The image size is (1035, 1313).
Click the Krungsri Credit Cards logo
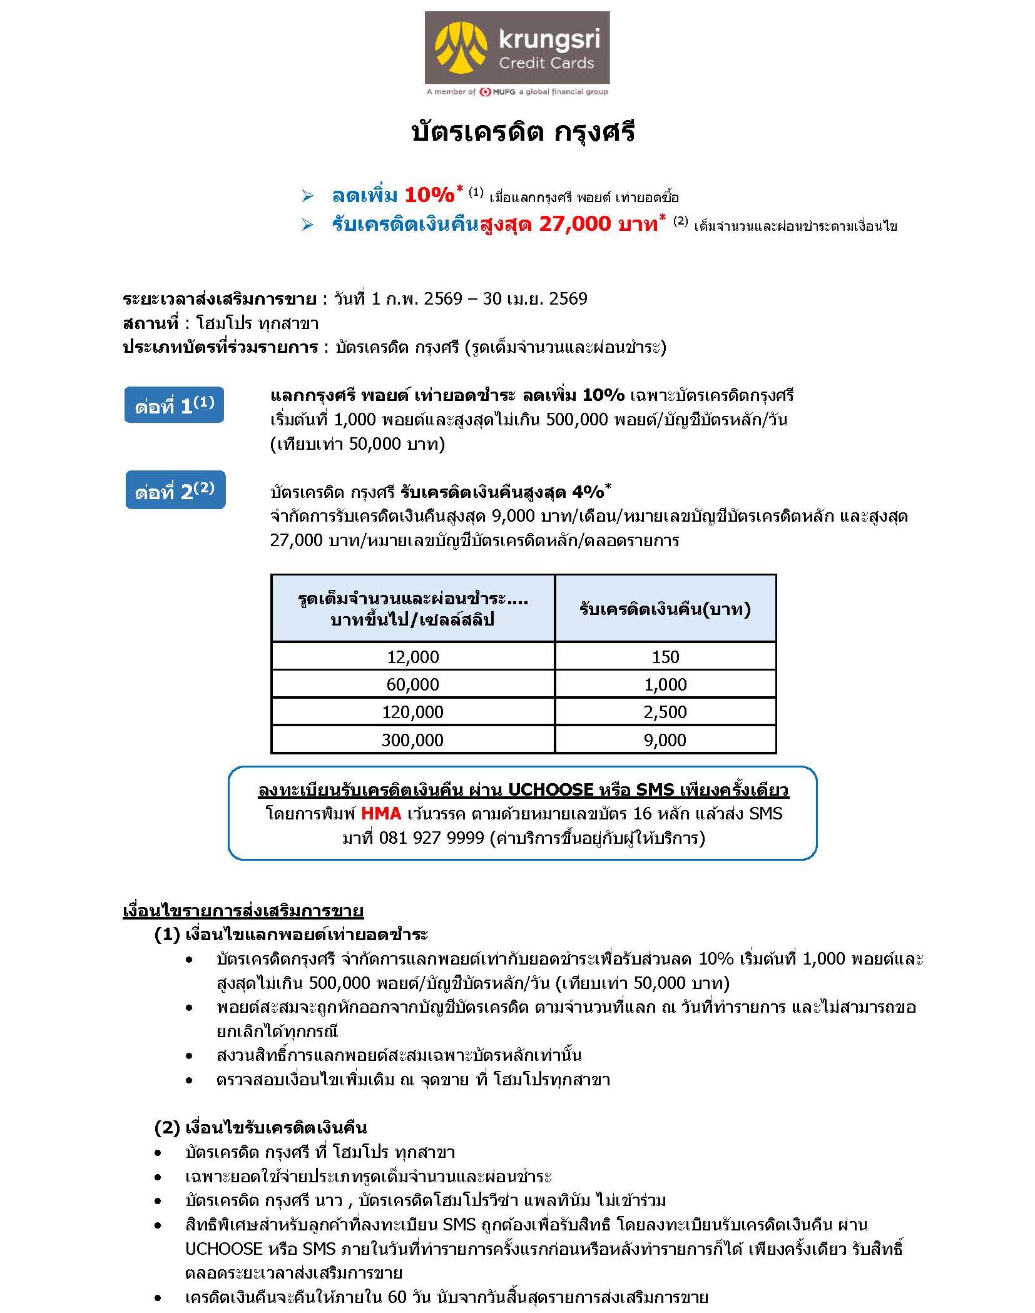516,48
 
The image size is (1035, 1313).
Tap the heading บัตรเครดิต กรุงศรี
523,133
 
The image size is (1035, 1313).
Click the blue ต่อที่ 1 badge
174,405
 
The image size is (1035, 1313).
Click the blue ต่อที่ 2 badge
175,490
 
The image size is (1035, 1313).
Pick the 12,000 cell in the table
412,656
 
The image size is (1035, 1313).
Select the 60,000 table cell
412,684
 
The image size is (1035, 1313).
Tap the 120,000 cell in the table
412,712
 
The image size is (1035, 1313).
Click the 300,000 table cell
412,740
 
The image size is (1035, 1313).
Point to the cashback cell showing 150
665,656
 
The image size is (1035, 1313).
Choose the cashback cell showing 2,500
665,712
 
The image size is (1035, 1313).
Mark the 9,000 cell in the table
665,740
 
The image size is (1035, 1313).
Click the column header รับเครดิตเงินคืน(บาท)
665,609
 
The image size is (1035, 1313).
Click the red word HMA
381,813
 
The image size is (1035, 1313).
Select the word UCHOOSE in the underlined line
550,789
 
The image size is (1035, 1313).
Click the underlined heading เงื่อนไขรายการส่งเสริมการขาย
243,911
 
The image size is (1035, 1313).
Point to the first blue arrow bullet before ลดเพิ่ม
307,196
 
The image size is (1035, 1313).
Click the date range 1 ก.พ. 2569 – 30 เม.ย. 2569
461,298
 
